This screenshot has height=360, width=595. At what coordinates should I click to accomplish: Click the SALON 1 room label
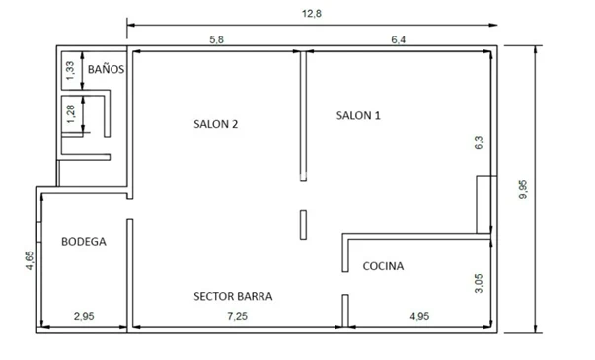click(x=358, y=115)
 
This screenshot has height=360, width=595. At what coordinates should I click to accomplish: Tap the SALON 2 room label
click(x=215, y=124)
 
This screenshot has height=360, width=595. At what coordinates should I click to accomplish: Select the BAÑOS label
click(x=106, y=69)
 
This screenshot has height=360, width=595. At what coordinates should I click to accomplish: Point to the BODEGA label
click(x=84, y=242)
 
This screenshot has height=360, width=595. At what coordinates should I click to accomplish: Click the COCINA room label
click(x=383, y=266)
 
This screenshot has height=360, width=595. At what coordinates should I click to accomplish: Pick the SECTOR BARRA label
click(x=233, y=296)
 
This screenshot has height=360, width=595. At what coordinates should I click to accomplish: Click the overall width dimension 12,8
click(x=312, y=14)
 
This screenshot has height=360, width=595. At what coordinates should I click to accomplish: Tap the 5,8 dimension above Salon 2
click(x=217, y=39)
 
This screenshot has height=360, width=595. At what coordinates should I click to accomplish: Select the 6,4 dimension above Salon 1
click(x=398, y=39)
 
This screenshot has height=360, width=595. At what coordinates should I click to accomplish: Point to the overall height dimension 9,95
click(x=523, y=189)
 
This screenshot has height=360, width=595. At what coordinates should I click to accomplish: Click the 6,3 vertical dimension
click(x=479, y=142)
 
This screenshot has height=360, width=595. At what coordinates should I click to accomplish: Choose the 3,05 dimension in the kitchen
click(x=479, y=283)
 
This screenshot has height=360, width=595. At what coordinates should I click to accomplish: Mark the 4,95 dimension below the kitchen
click(x=419, y=316)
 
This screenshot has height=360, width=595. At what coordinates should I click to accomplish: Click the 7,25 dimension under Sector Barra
click(x=238, y=316)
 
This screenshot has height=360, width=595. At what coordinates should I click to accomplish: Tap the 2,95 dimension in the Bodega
click(x=84, y=316)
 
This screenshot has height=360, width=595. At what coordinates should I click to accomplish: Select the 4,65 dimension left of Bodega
click(x=30, y=260)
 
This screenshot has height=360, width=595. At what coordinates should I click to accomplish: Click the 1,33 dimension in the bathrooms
click(x=71, y=71)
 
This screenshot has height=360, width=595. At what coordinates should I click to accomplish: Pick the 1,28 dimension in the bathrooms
click(x=71, y=113)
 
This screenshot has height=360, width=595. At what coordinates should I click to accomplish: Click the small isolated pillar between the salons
click(x=303, y=225)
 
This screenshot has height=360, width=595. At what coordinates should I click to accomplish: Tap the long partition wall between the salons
click(x=303, y=116)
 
